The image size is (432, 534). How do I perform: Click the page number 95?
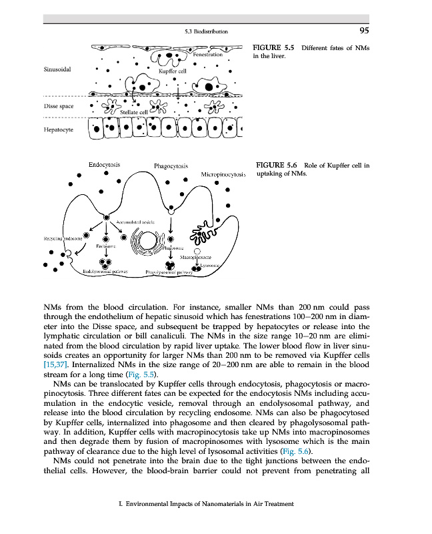(x=363, y=29)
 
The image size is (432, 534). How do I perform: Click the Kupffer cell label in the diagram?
(x=173, y=69)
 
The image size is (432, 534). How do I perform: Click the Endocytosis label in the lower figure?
(x=103, y=164)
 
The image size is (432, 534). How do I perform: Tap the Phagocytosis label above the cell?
(x=172, y=166)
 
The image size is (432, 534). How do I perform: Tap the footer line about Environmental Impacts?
(x=206, y=505)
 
